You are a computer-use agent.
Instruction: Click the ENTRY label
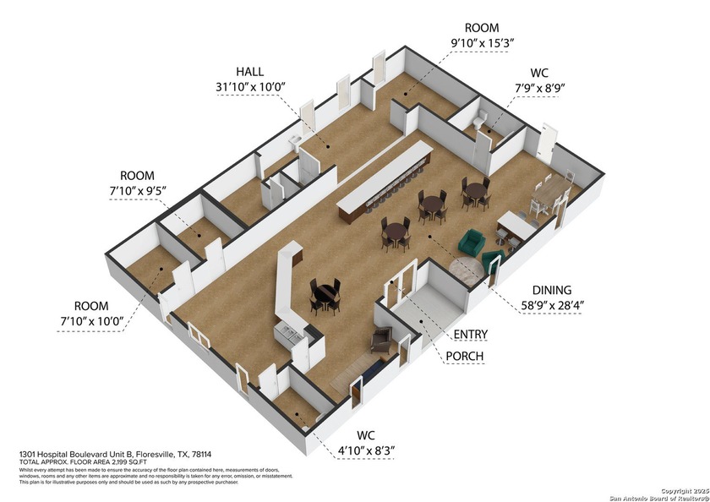point(470,335)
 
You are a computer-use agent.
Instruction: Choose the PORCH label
point(465,356)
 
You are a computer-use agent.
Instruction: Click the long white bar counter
point(385,179)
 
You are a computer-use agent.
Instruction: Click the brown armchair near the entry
point(381,340)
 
